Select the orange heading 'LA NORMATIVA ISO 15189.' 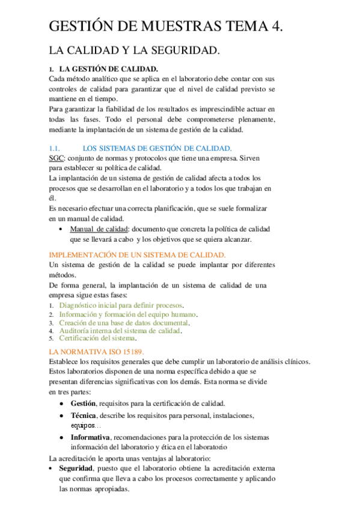(x=97, y=351)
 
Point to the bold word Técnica (x=83, y=416)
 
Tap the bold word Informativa (x=90, y=437)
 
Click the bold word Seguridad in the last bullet (x=76, y=469)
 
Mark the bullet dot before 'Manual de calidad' (x=63, y=230)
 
